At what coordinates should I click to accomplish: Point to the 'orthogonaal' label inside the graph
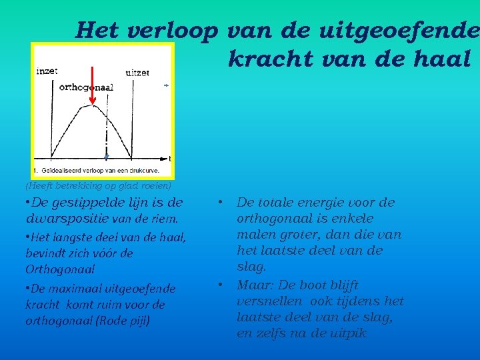tap(86, 87)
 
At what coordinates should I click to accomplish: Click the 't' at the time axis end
tap(169, 158)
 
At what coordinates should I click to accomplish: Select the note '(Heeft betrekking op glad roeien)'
tap(98, 185)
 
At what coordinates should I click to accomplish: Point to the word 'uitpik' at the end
tap(348, 333)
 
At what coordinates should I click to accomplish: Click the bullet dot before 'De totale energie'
tap(220, 201)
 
